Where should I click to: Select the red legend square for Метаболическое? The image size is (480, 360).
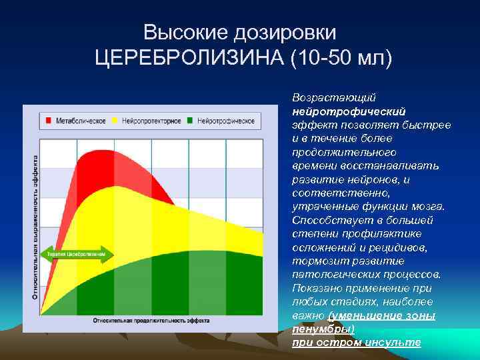(x=49, y=121)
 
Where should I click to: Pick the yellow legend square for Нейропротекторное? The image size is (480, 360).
(x=115, y=121)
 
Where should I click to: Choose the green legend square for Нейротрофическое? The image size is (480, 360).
(x=191, y=121)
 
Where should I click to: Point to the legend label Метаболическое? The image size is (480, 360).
(x=81, y=121)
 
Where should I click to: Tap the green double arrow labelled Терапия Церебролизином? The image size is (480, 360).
(x=77, y=255)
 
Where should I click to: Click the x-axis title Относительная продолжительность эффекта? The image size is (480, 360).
(x=151, y=320)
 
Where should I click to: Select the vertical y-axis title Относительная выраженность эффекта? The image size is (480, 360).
(x=35, y=227)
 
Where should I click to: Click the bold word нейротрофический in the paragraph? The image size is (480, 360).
(x=349, y=111)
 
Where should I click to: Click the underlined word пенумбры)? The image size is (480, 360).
(x=323, y=329)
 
